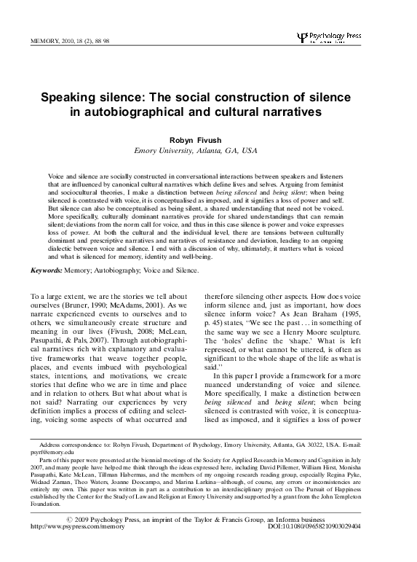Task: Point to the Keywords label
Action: point(45,270)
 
